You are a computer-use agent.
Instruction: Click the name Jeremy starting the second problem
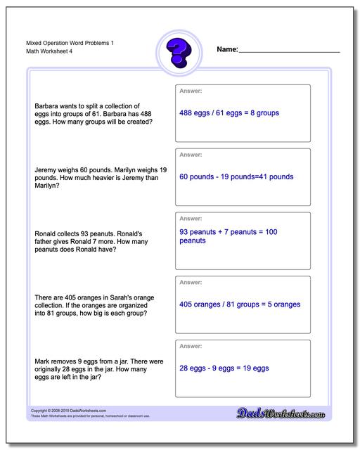coord(46,170)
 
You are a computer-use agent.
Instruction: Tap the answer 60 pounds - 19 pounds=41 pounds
coord(236,176)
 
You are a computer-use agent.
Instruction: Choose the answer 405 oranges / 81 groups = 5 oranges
coord(240,304)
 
